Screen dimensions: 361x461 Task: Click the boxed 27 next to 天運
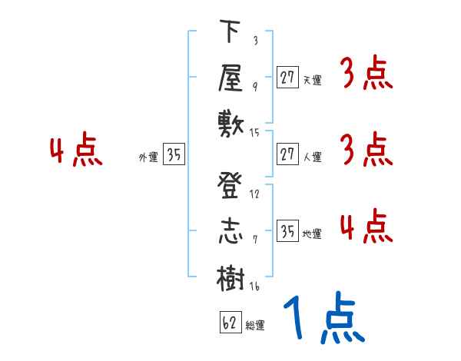[287, 77]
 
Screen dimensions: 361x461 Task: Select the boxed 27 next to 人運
[287, 155]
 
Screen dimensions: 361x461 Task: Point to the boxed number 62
[227, 323]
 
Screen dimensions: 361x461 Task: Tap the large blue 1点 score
[322, 319]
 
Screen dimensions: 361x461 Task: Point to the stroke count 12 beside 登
[254, 194]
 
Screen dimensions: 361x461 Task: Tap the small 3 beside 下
[254, 40]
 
